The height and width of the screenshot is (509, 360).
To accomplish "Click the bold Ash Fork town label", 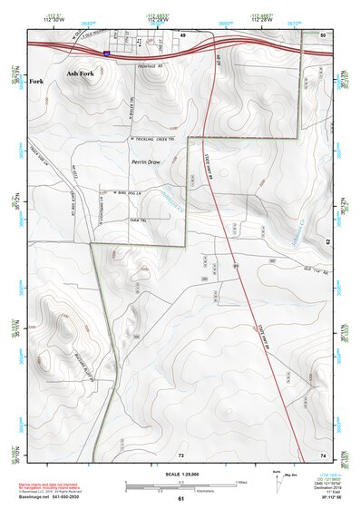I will (79, 72).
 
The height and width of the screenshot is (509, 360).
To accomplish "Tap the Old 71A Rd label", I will (313, 269).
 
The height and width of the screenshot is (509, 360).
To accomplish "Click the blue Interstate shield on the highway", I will (106, 54).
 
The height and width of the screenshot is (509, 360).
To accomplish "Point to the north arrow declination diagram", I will (277, 477).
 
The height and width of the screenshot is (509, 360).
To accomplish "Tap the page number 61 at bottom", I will (180, 498).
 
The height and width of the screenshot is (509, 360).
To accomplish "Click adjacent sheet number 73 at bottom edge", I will (180, 454).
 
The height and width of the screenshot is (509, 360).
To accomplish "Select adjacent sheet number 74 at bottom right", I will (323, 454).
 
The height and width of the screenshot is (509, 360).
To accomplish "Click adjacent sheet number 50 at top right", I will (323, 34).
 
